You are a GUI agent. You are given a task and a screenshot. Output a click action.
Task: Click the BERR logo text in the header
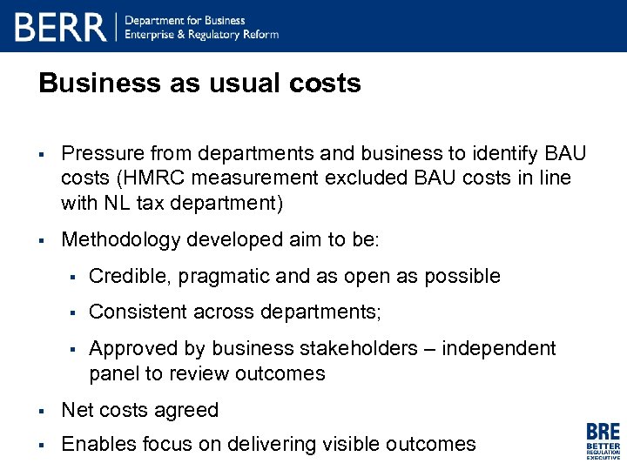60,27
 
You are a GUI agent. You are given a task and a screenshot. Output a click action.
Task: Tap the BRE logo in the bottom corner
603,440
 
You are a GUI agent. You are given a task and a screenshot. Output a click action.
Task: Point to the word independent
498,348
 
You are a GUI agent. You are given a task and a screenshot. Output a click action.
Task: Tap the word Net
77,410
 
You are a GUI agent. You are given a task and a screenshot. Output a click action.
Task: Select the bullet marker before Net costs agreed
42,411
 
